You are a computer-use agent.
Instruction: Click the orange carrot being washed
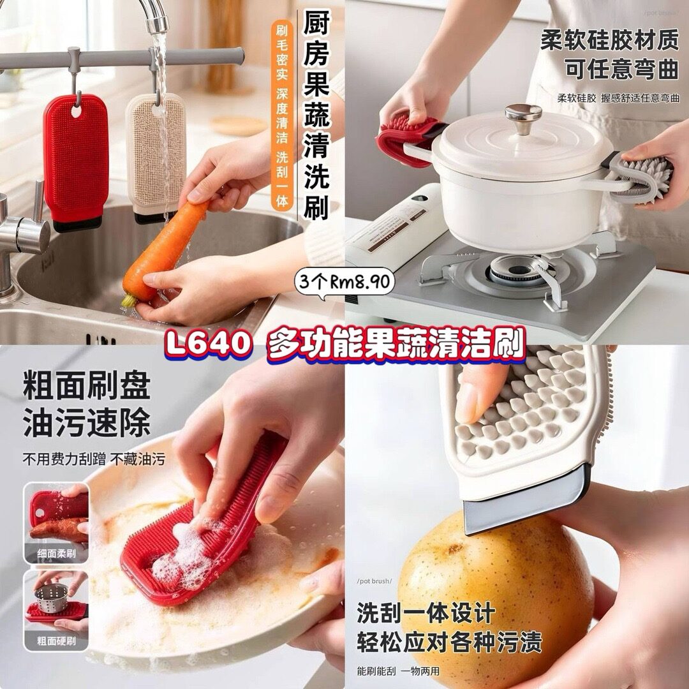(x=163, y=253)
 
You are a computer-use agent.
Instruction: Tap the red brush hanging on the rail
(x=75, y=160)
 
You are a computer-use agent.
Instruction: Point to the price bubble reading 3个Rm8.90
(x=345, y=282)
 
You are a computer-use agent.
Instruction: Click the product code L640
(x=208, y=343)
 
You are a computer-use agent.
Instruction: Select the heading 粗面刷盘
(x=87, y=386)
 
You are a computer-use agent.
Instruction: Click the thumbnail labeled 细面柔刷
(x=56, y=523)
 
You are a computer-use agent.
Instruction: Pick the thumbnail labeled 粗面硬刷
(x=56, y=611)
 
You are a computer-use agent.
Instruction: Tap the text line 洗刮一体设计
(x=426, y=613)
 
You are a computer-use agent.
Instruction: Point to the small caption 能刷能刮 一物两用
(x=398, y=671)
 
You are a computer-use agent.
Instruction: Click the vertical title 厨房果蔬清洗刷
(x=317, y=115)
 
